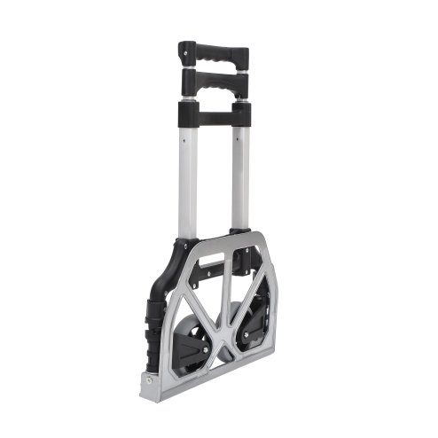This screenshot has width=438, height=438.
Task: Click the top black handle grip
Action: tap(213, 49)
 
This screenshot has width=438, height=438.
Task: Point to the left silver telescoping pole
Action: tap(187, 177)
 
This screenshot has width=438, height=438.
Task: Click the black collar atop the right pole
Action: tap(241, 113)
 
